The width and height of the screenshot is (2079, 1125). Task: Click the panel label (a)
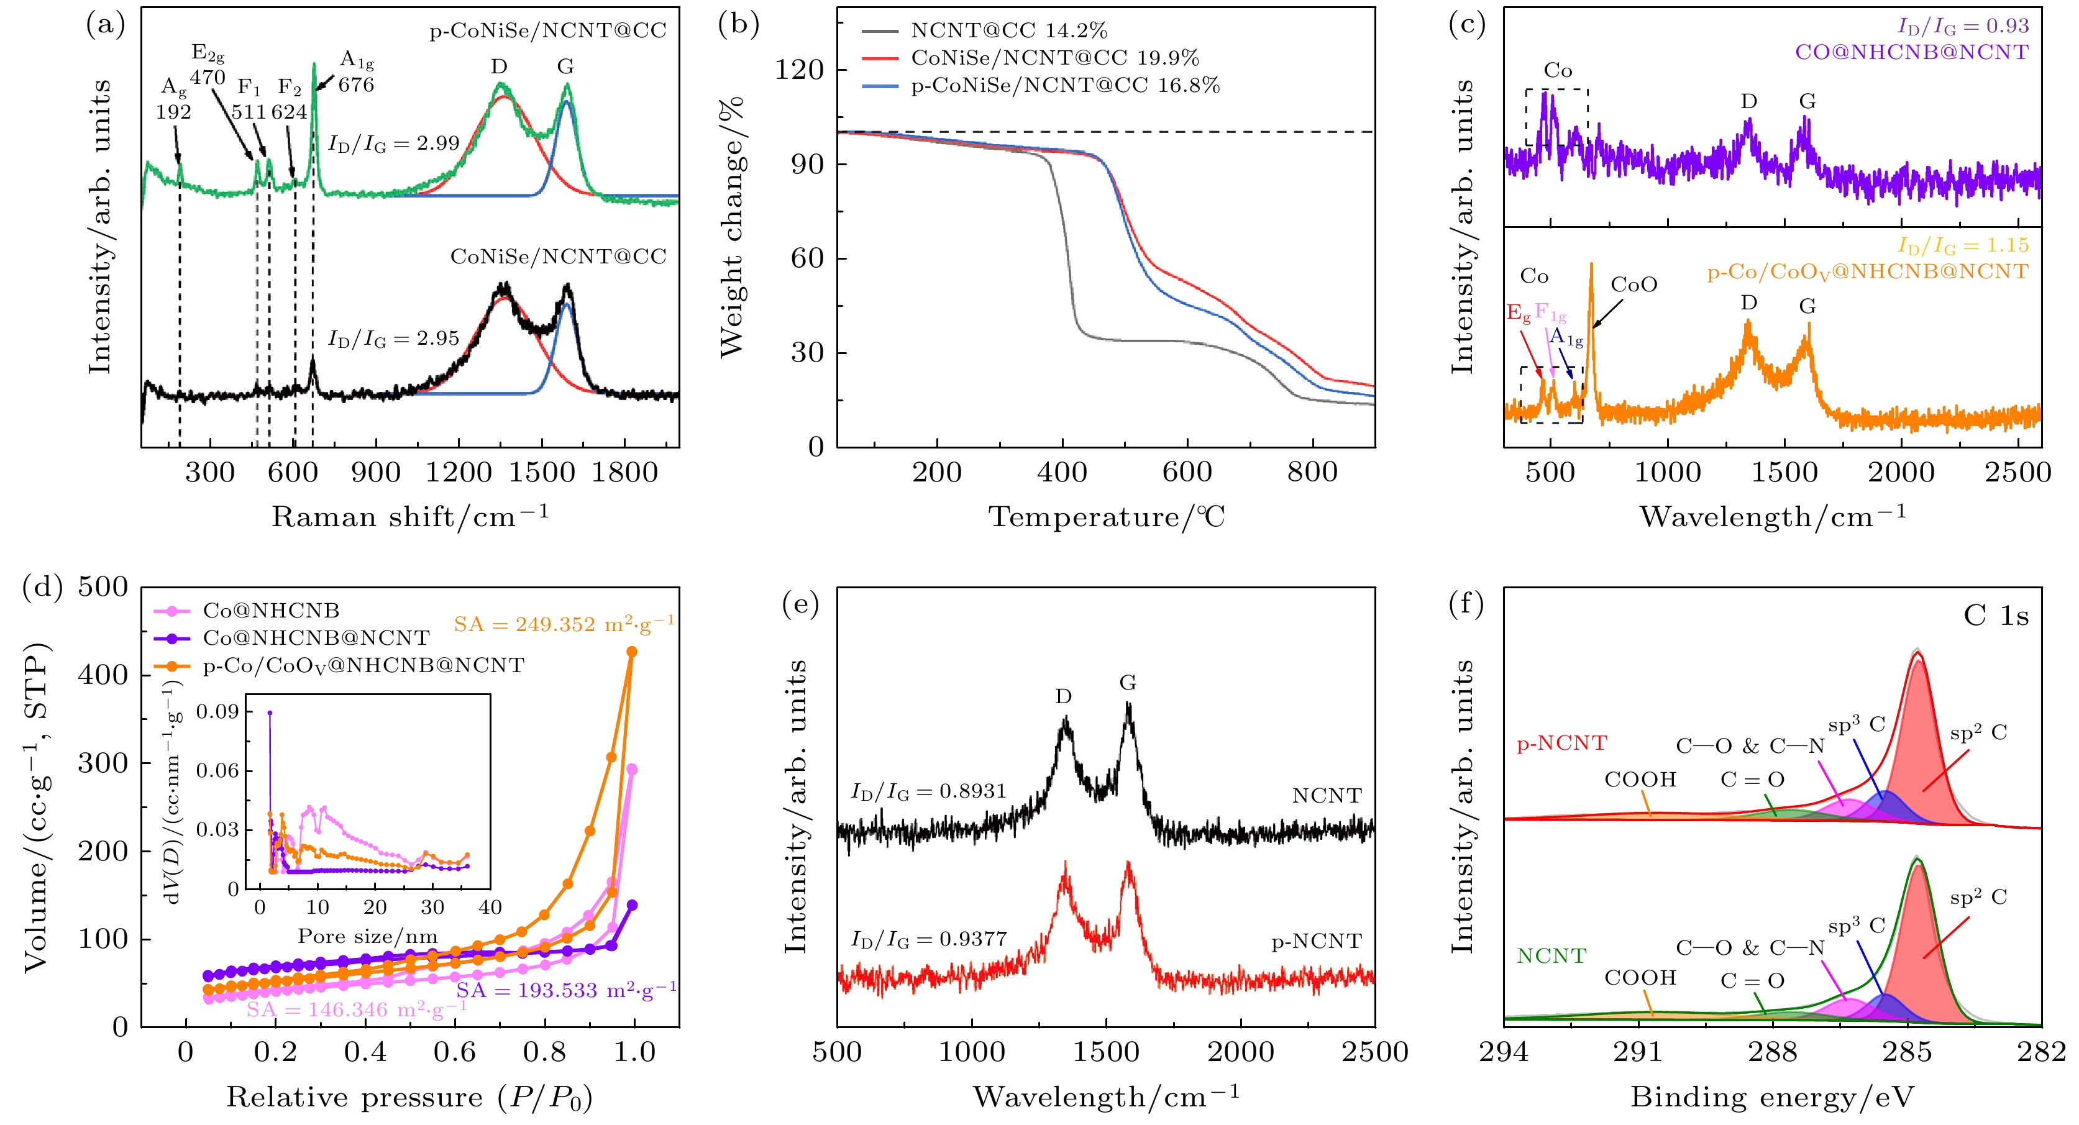coord(106,26)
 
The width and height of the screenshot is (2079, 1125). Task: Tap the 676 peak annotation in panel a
coord(356,84)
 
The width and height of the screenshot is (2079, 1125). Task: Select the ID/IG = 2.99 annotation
coord(393,143)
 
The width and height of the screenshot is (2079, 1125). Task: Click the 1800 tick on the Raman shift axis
coord(624,472)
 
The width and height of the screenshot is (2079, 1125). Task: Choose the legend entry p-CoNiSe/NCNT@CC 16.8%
coord(1064,86)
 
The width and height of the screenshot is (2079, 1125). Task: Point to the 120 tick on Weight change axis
coord(799,70)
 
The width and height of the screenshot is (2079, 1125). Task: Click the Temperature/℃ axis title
coord(1107,516)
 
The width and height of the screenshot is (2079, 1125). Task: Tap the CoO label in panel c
coord(1633,285)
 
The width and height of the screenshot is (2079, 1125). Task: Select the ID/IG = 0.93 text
coord(1963,26)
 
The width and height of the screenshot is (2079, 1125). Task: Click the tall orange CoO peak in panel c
coord(1591,266)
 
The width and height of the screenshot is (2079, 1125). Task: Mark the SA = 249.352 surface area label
coord(564,624)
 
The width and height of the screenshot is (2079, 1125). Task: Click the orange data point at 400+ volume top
coord(632,651)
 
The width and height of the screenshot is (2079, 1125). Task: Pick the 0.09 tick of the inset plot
coord(218,712)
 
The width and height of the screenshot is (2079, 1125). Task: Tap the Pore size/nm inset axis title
coord(368,936)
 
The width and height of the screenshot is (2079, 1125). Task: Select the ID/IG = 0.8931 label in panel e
coord(929,791)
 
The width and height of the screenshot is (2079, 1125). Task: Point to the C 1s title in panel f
coord(1995,616)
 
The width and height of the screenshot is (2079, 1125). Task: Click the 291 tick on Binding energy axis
coord(1638,1052)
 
